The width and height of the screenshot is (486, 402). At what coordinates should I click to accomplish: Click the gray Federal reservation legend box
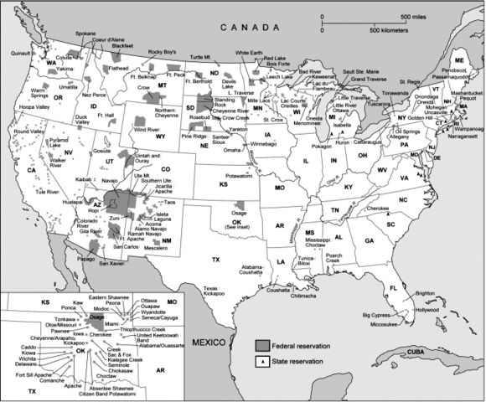coord(263,344)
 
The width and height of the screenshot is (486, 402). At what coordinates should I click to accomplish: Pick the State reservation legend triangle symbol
coord(263,361)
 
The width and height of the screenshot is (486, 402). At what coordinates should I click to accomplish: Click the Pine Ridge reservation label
coord(194,134)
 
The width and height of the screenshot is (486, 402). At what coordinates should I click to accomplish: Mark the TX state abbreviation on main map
coord(215,260)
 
